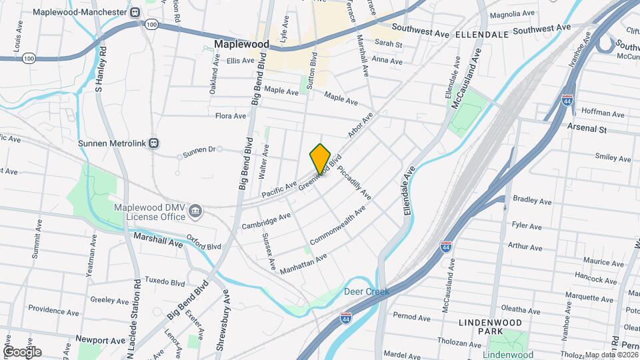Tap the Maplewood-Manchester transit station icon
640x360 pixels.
click(x=135, y=12)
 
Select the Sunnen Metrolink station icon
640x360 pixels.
click(x=154, y=143)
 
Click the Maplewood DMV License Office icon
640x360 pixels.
click(x=195, y=212)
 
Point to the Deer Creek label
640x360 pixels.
click(x=366, y=292)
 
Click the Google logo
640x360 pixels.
click(x=22, y=351)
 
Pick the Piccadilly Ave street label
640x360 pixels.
click(x=353, y=183)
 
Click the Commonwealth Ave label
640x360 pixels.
click(x=339, y=225)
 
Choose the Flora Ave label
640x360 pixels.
click(x=231, y=116)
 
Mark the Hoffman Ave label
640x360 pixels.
click(x=586, y=111)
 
